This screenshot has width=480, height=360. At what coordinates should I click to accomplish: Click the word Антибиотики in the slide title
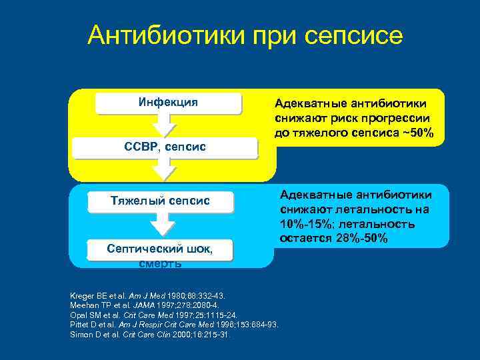coord(165,35)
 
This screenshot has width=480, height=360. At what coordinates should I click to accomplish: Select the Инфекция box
coord(168,103)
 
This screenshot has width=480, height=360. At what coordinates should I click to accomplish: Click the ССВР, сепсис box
coord(164,146)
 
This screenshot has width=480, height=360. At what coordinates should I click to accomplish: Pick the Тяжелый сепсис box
coord(160,201)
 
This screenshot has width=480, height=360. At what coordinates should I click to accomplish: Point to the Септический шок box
coord(160,249)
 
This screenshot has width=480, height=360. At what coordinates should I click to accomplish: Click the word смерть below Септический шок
coord(160,263)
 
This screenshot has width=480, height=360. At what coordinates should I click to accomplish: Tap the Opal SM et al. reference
coord(153,315)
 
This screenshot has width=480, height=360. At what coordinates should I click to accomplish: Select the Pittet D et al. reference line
coord(173,324)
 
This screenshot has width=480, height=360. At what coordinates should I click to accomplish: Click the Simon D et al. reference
coord(150,334)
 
